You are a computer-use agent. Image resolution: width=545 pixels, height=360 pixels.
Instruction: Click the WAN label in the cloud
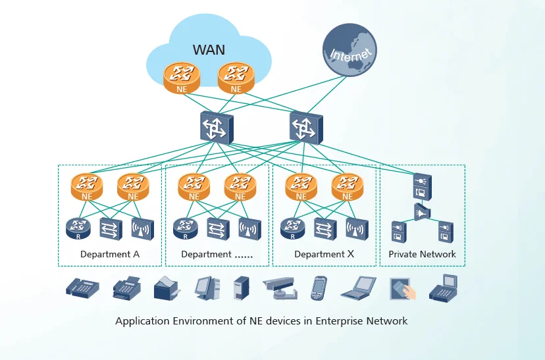click(x=209, y=49)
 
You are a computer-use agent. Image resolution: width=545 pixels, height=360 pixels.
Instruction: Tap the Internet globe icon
click(x=350, y=53)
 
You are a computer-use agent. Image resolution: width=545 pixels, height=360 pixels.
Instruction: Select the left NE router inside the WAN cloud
click(x=182, y=76)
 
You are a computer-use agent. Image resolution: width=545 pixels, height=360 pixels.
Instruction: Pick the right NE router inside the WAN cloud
click(x=236, y=76)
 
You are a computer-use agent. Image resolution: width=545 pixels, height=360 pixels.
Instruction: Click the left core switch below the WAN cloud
click(x=216, y=127)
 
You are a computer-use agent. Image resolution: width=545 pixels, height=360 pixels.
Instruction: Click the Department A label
click(x=110, y=254)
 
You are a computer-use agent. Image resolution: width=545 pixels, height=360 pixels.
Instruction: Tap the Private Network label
click(x=422, y=254)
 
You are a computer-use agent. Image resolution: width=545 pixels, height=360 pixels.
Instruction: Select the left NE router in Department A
click(x=87, y=186)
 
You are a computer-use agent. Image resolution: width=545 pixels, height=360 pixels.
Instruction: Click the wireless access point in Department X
click(x=357, y=228)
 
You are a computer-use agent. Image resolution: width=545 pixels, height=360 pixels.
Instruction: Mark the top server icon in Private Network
click(x=421, y=186)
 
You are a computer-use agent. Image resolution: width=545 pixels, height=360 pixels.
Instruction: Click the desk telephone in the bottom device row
click(x=82, y=288)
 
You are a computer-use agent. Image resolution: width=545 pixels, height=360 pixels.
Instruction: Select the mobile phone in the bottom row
click(x=319, y=288)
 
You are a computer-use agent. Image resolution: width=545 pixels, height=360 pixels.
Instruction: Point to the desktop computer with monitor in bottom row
click(x=206, y=288)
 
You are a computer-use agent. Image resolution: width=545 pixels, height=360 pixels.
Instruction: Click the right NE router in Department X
click(x=347, y=186)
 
